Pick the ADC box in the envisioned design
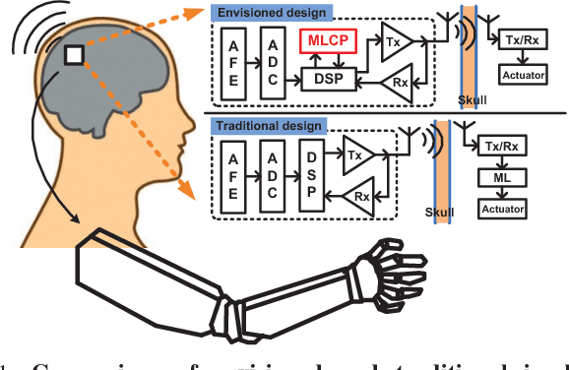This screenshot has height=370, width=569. [x=271, y=61]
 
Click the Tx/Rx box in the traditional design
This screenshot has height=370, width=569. [x=502, y=147]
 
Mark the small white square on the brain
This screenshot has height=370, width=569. [x=74, y=57]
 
